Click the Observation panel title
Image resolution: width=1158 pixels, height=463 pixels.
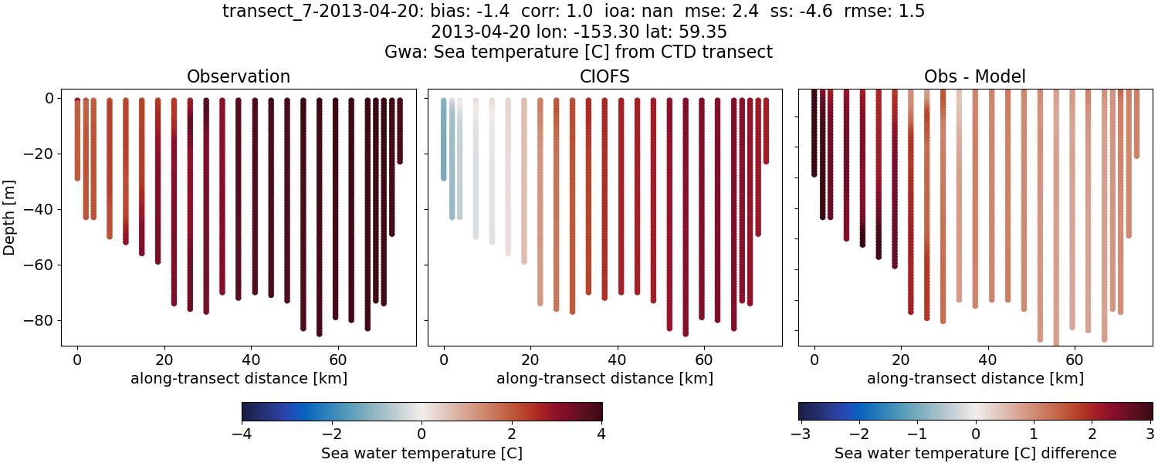(239, 76)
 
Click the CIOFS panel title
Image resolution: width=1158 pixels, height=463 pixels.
(604, 76)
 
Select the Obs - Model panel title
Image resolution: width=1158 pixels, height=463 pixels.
(974, 76)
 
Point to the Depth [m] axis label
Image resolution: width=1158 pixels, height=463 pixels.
(10, 209)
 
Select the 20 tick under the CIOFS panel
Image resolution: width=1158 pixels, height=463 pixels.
(530, 359)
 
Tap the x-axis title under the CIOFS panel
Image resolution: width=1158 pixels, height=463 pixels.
(604, 379)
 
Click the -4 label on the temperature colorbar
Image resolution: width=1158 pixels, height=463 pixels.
(242, 434)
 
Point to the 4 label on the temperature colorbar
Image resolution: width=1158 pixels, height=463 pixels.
(601, 434)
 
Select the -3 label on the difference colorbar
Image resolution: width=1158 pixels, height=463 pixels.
(799, 434)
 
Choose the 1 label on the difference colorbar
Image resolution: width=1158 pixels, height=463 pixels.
(1034, 434)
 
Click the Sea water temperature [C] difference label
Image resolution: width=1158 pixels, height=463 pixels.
(975, 453)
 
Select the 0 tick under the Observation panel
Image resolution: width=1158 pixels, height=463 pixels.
(77, 359)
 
